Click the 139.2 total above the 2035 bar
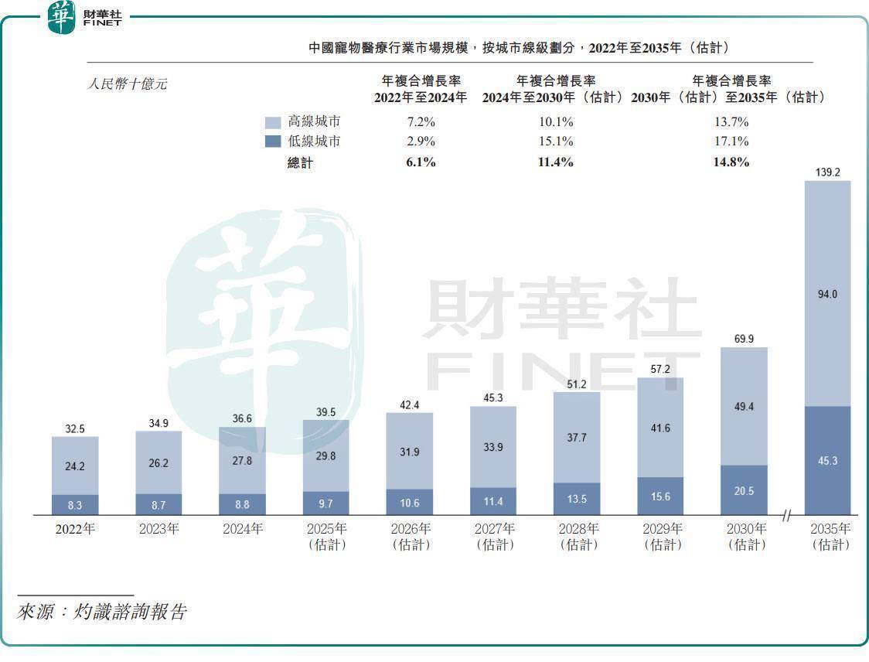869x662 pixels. tap(827, 172)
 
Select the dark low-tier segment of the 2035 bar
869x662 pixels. tap(827, 460)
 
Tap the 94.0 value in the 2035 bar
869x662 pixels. tap(827, 294)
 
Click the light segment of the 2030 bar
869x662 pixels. tap(744, 406)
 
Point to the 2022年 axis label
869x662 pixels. tap(74, 530)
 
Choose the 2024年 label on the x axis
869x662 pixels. tap(242, 530)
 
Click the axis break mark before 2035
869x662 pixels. tap(787, 515)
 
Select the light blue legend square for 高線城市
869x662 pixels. tap(273, 122)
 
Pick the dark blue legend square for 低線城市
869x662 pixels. tap(273, 142)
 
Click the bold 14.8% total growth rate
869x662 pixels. tap(731, 162)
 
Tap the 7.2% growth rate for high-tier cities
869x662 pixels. tap(421, 122)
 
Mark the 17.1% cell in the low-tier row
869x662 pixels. tap(731, 142)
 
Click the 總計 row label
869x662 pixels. tap(300, 162)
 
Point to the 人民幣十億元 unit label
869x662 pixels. tap(126, 84)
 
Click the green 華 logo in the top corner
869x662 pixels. tap(62, 17)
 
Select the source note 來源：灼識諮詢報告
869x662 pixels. tap(101, 613)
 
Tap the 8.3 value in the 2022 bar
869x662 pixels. tap(75, 504)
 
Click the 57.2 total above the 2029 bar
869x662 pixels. tap(660, 369)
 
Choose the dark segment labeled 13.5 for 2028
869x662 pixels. tap(577, 499)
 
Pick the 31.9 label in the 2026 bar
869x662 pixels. tap(409, 452)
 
